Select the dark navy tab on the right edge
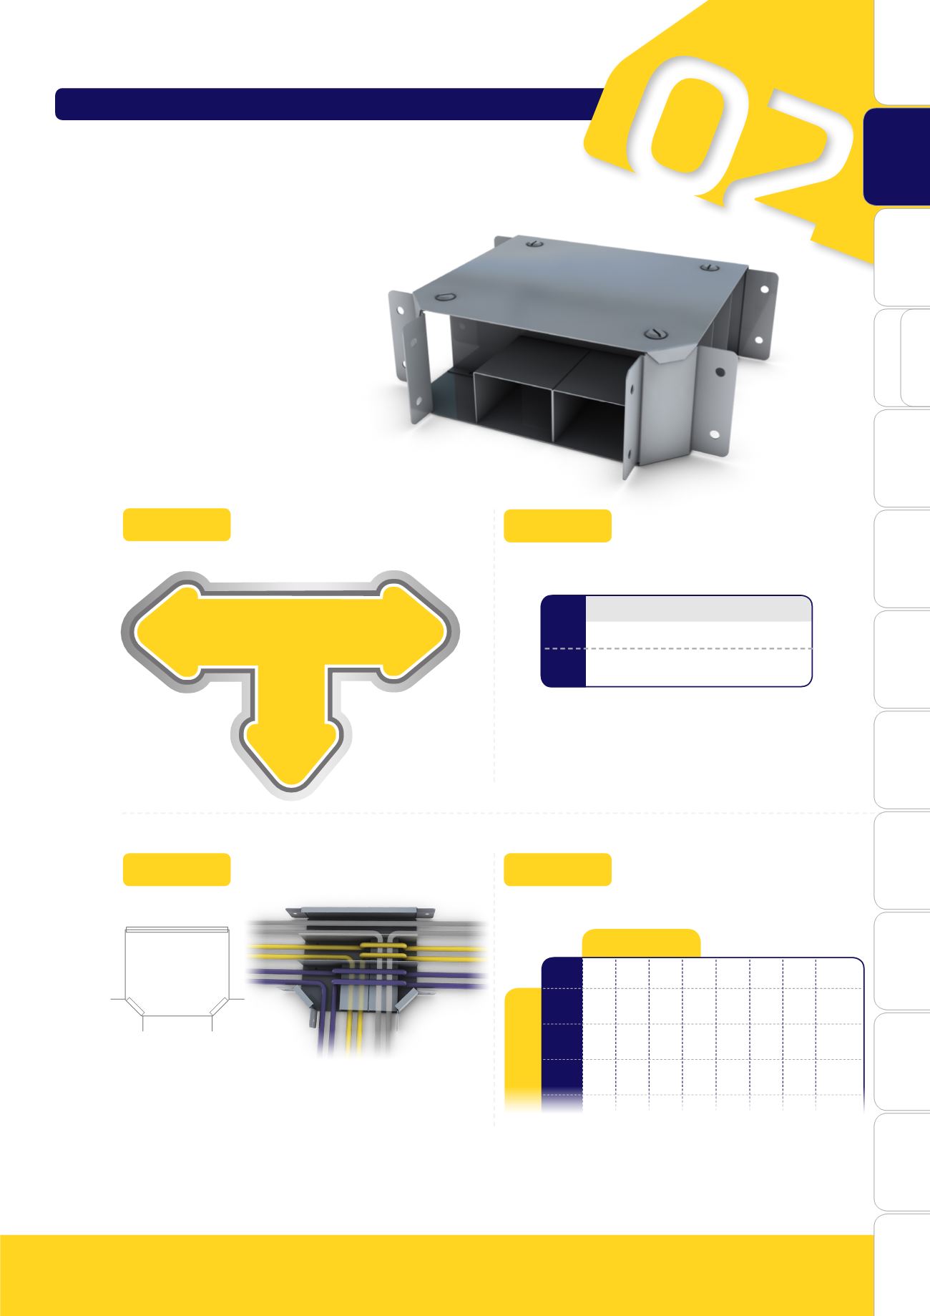pos(896,157)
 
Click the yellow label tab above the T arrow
pos(177,524)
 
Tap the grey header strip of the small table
pos(697,608)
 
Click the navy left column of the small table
pos(564,641)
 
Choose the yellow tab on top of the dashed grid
pos(641,943)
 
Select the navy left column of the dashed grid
pos(562,1030)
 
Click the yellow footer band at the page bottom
pos(436,1275)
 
